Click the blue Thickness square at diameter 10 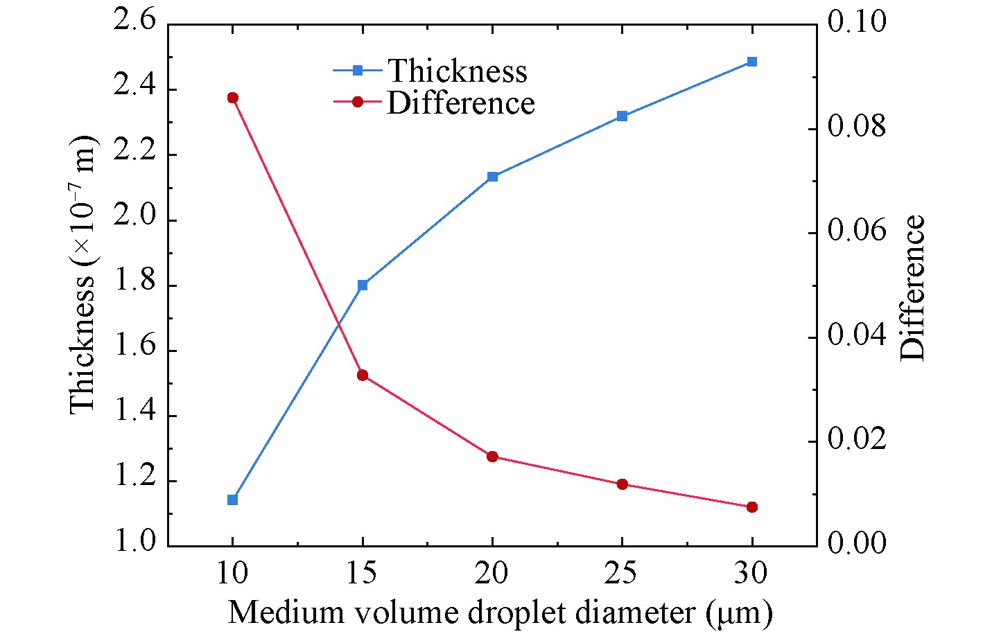(x=233, y=500)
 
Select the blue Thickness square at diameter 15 (x=363, y=285)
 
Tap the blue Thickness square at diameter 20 (x=493, y=177)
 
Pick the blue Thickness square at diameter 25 (x=622, y=116)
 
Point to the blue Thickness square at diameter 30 (x=752, y=62)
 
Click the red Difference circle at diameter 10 (x=233, y=98)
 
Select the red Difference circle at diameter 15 (x=363, y=375)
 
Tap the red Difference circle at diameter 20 (x=493, y=457)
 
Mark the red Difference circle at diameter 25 (x=622, y=484)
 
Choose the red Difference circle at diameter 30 (x=752, y=507)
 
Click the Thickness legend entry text (x=457, y=71)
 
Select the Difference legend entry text (x=461, y=103)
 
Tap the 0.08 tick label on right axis (x=858, y=129)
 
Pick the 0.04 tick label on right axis (x=858, y=337)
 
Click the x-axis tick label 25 (x=622, y=574)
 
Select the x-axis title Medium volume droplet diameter (x=499, y=613)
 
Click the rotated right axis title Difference (x=913, y=288)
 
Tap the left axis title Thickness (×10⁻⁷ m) (x=83, y=276)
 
